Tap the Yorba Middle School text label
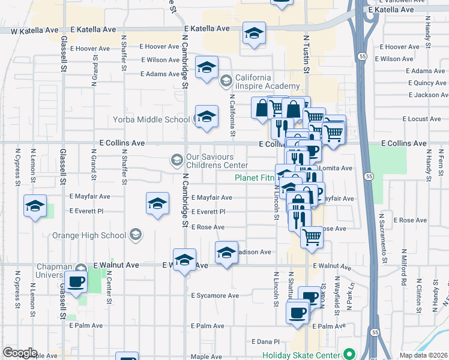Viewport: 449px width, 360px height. (x=151, y=119)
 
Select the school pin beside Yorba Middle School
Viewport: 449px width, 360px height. (x=206, y=117)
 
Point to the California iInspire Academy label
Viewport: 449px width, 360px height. (x=262, y=82)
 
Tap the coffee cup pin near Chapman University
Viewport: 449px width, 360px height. (x=76, y=282)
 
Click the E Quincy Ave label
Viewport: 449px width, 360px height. (x=426, y=83)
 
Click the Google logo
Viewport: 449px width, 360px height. (x=20, y=353)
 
